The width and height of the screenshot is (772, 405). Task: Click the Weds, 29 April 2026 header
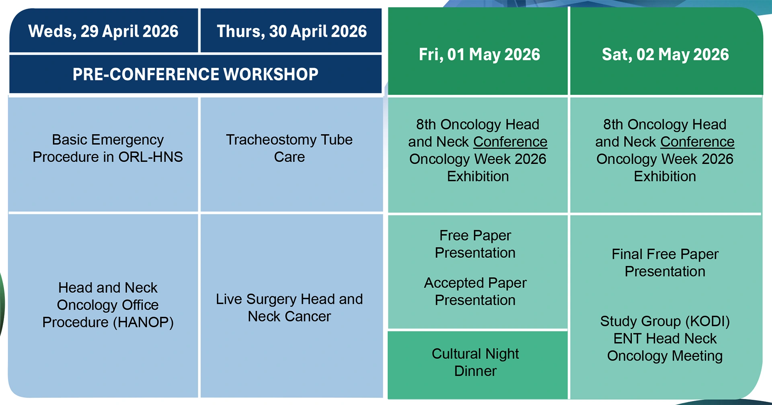tap(103, 31)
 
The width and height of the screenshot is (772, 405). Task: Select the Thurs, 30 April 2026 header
tap(292, 31)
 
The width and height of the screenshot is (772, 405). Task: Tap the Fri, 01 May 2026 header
tap(479, 54)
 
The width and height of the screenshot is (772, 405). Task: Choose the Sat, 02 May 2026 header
tap(665, 54)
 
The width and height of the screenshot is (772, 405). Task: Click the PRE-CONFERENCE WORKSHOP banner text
tap(195, 74)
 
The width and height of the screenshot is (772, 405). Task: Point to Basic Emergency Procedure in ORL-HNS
tap(108, 148)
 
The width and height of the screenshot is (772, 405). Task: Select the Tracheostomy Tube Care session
tap(289, 148)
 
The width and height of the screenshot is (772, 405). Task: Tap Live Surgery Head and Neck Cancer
tap(289, 308)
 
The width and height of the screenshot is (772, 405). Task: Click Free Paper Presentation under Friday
tap(475, 244)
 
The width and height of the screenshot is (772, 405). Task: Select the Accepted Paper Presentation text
tap(475, 292)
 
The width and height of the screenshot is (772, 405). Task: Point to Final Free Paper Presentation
tap(665, 263)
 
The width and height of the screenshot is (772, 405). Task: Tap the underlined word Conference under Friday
tap(510, 142)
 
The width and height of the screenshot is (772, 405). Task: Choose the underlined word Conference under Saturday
tap(697, 142)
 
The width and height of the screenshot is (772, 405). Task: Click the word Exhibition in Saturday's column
tap(665, 177)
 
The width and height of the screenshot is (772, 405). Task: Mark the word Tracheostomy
tap(271, 140)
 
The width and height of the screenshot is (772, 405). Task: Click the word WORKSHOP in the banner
tap(271, 74)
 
